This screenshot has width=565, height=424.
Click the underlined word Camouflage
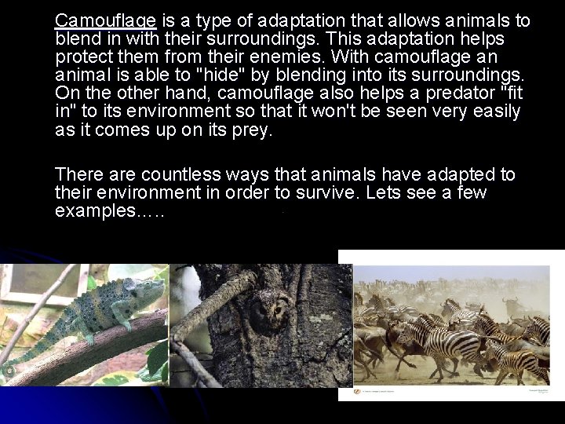tap(107, 20)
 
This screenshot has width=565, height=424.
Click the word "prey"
tap(251, 131)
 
